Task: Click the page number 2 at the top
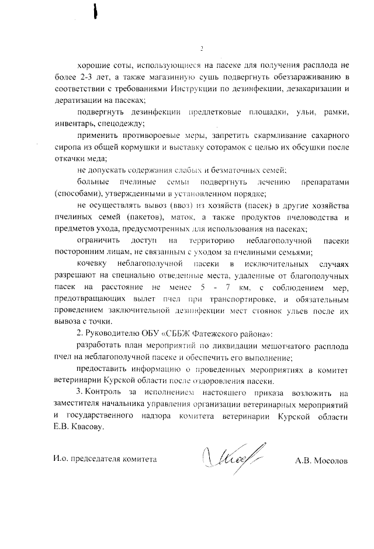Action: click(x=201, y=48)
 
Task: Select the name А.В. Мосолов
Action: click(x=321, y=460)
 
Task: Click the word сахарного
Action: click(x=324, y=135)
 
